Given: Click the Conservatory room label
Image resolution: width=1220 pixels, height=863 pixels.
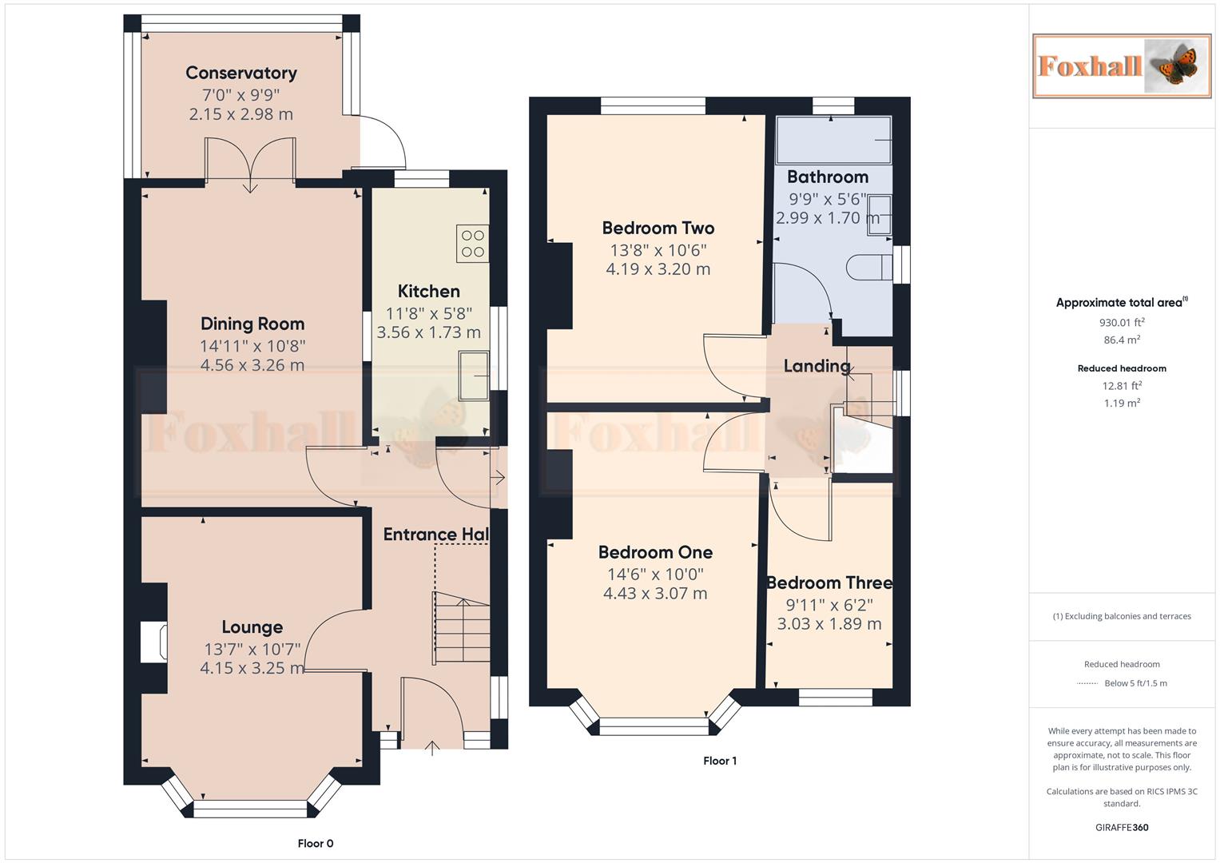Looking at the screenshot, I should [x=241, y=73].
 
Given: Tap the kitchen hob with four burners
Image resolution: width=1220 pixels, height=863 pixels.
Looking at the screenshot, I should [x=472, y=244].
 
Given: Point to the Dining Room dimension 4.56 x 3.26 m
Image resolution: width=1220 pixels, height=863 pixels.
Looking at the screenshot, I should [x=252, y=365].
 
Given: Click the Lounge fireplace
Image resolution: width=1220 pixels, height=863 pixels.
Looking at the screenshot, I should [x=153, y=642].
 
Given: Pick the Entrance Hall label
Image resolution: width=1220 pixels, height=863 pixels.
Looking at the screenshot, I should [x=435, y=535].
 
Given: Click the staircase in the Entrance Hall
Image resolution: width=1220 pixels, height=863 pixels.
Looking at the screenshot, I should [x=462, y=626].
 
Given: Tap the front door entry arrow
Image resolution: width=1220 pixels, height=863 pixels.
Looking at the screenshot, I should [x=432, y=748].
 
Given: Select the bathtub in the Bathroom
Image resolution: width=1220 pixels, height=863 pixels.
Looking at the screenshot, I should [x=833, y=141].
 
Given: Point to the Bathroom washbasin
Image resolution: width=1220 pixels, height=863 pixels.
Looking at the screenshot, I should [x=879, y=214].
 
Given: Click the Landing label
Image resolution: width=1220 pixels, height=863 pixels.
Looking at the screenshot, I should [x=816, y=366].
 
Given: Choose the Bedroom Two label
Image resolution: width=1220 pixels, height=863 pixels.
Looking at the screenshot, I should [x=658, y=229].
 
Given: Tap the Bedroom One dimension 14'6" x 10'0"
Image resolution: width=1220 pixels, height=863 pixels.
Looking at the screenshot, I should [x=655, y=574].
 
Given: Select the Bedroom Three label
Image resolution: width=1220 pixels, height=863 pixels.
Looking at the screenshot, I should [x=829, y=583].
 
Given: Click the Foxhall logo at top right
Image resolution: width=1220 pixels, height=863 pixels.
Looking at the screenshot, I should [x=1122, y=66].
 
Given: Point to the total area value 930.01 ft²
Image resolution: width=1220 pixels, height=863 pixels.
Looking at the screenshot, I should [x=1122, y=323].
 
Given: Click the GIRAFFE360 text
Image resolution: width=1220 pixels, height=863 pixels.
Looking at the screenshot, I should [x=1122, y=827].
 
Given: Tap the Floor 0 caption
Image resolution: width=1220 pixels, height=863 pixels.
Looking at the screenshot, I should [x=316, y=843].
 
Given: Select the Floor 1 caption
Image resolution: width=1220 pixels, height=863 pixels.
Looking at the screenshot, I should [x=720, y=761].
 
